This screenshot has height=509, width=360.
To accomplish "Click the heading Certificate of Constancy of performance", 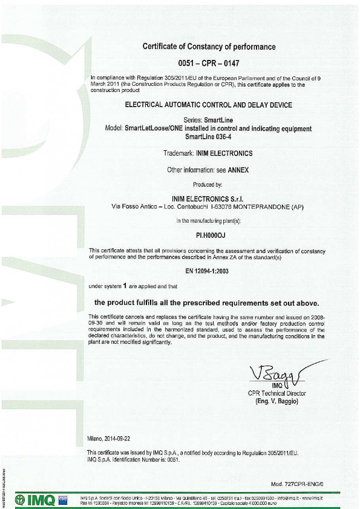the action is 209,47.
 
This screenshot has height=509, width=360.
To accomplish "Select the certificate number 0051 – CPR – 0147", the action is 209,63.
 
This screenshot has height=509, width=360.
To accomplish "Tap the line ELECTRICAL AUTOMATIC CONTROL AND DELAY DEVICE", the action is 209,105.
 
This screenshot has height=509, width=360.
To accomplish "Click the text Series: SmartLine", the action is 209,120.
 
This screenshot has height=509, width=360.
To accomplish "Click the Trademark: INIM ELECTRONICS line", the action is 209,153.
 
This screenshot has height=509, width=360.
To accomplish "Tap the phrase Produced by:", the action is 208,185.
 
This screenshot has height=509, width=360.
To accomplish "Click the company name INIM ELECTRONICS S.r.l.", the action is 209,200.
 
